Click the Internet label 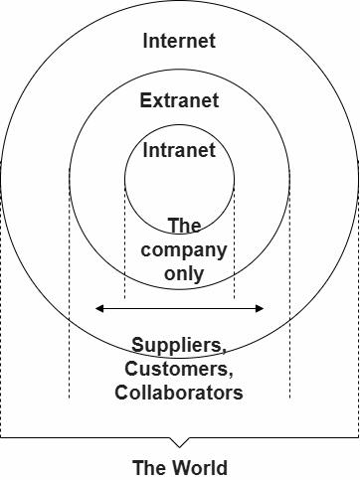(x=179, y=42)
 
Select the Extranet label (x=179, y=100)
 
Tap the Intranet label (x=179, y=151)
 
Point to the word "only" (x=184, y=272)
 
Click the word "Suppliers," (x=179, y=347)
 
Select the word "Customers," (x=179, y=370)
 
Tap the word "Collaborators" (x=179, y=393)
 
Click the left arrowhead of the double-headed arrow (x=97, y=309)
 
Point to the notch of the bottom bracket (x=179, y=444)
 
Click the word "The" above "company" (x=184, y=226)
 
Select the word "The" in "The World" (x=149, y=467)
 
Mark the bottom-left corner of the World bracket (x=2, y=437)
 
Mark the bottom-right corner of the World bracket (x=357, y=437)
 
